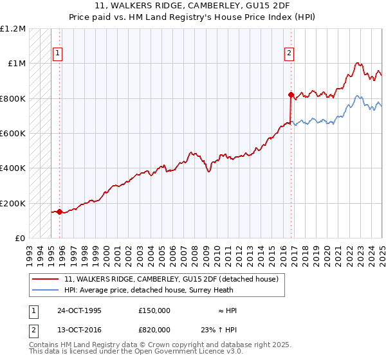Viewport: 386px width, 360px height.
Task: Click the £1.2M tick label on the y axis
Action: pos(13,29)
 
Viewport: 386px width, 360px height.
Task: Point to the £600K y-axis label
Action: pos(13,134)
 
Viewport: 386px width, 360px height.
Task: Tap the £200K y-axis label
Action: pos(13,203)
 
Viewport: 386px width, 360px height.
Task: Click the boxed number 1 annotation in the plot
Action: pos(58,53)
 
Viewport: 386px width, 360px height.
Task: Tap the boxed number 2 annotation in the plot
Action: pos(289,53)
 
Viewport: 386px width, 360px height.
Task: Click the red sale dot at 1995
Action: pos(60,212)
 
